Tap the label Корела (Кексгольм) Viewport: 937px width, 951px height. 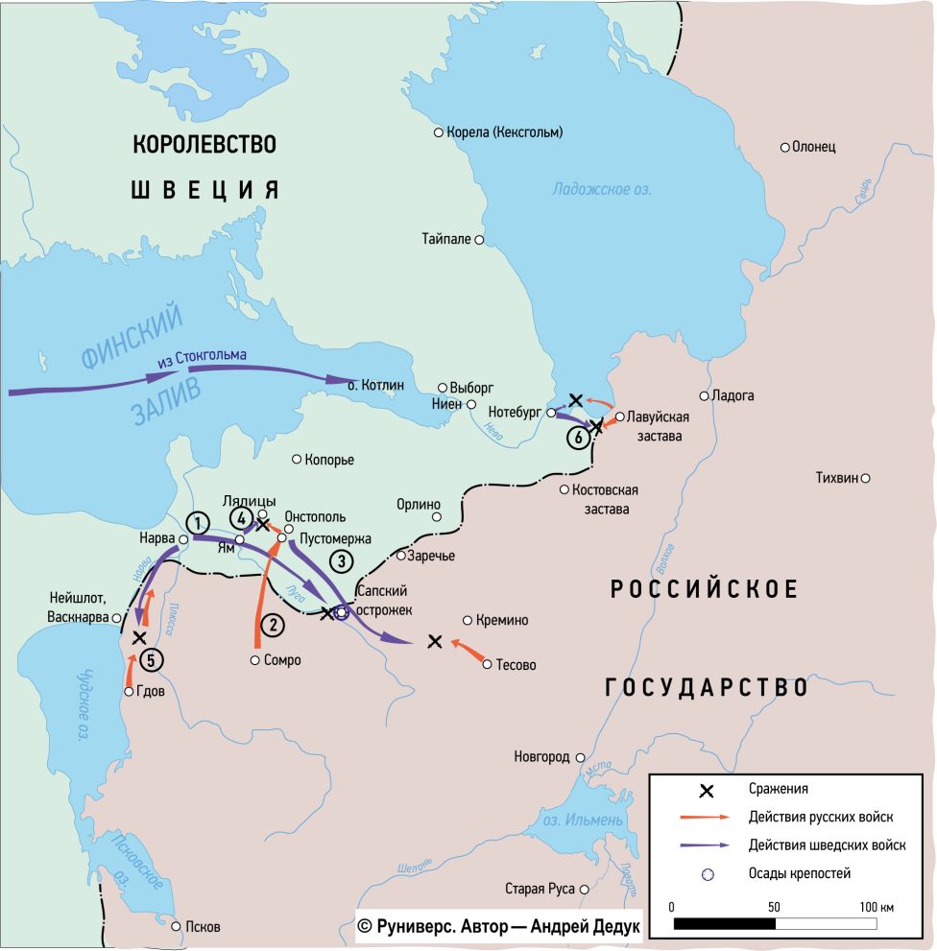point(504,131)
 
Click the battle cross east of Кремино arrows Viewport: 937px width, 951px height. point(435,641)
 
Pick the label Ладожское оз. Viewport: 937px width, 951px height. point(601,189)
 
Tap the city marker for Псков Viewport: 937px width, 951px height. point(177,926)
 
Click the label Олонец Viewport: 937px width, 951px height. point(813,147)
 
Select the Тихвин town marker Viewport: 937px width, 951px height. point(865,478)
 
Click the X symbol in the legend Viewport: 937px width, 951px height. point(706,791)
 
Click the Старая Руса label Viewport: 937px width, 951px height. point(540,889)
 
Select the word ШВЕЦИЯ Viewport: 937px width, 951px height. point(204,189)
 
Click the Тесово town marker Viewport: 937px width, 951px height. point(488,664)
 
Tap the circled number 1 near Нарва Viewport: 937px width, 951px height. point(197,523)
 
